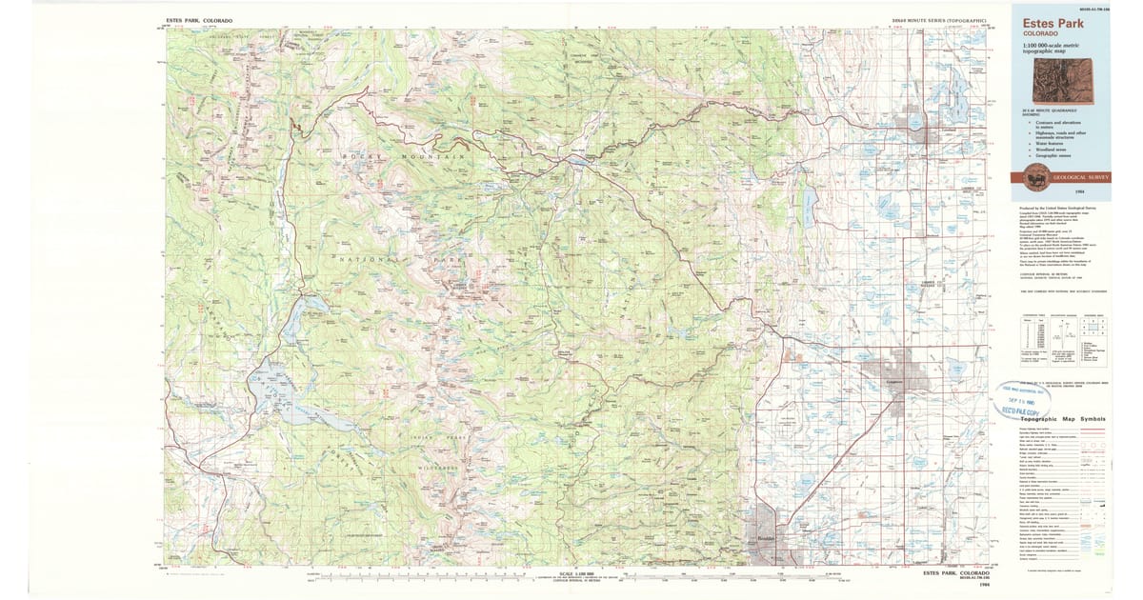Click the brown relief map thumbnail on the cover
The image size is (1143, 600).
1073,80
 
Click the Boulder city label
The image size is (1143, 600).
766,538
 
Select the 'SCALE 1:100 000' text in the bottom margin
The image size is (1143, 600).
577,572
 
